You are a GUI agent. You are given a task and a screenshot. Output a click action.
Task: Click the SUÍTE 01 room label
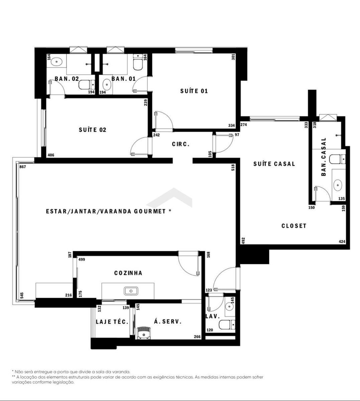[194, 91]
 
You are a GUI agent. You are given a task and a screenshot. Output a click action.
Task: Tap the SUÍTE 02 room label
[93, 130]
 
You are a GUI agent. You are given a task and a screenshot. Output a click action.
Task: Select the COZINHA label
[128, 273]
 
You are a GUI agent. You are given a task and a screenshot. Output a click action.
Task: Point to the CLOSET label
[294, 226]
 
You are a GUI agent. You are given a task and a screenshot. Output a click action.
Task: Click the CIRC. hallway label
[181, 144]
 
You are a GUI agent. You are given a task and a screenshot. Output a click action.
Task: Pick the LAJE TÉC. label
[112, 321]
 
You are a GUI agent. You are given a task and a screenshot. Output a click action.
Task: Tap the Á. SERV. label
[168, 321]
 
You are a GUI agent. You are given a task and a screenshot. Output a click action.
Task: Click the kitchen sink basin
[131, 291]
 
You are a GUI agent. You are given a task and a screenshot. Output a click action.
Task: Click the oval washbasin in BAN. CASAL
[338, 185]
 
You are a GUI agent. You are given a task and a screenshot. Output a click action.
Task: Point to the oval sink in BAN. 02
[56, 62]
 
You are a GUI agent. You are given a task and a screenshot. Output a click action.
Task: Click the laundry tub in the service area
[143, 333]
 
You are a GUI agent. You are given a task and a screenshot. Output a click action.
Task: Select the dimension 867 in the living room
[23, 167]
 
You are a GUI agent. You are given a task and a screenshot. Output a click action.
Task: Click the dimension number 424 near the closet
[342, 242]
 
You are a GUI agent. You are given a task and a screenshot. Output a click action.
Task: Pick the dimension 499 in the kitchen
[82, 259]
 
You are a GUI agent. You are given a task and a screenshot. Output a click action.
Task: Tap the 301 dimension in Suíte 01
[233, 57]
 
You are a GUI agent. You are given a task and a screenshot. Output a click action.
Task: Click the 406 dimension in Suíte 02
[51, 155]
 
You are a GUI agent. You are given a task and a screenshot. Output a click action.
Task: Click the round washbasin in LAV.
[230, 307]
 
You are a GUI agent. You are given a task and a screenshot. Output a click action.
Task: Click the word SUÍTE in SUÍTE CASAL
[262, 164]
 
